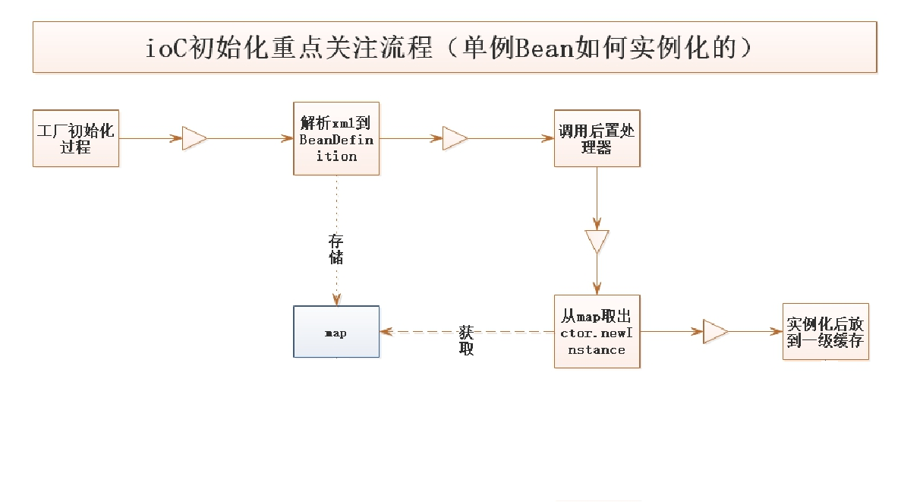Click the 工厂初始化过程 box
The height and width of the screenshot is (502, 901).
[76, 138]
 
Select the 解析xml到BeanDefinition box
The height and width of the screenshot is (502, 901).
[336, 138]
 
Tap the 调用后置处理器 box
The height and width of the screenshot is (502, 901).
[597, 138]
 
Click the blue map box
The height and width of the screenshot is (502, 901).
[336, 332]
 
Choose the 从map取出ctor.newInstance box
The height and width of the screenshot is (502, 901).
[597, 332]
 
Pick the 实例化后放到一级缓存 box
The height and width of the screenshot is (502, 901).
[825, 332]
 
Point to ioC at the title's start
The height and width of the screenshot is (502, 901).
[162, 48]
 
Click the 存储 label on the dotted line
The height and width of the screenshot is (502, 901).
[336, 249]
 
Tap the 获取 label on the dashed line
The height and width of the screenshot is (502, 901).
[467, 341]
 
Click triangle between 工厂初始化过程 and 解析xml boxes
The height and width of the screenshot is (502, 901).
[194, 138]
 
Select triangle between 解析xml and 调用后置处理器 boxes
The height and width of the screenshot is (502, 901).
[455, 138]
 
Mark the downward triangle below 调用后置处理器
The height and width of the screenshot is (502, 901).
[597, 242]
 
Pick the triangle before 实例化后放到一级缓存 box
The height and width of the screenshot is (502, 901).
[715, 332]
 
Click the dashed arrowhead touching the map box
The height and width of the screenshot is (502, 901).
[386, 332]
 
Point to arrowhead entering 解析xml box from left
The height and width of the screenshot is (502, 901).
[288, 138]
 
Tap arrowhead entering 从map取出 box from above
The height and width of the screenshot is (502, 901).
[597, 289]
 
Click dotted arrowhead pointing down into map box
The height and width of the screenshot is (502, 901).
[336, 300]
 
